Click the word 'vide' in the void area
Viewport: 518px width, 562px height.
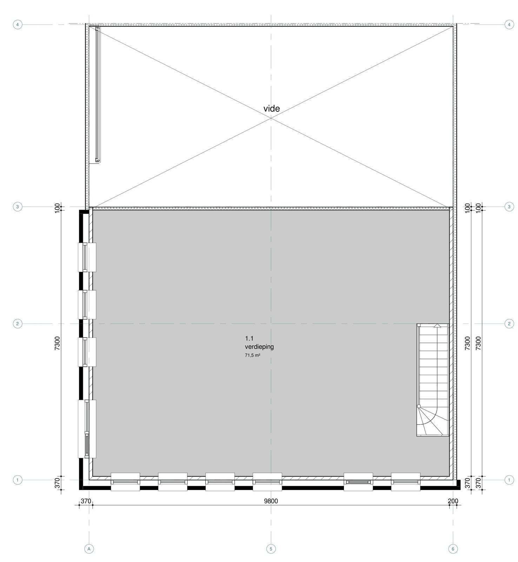tap(272, 109)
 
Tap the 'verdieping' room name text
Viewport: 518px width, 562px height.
tap(259, 347)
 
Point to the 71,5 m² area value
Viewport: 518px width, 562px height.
tap(253, 355)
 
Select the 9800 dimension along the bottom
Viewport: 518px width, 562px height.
tap(271, 501)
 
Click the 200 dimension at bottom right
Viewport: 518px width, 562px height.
tap(453, 501)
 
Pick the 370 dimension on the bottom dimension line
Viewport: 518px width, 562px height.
tap(86, 501)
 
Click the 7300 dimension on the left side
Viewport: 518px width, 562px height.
tap(58, 343)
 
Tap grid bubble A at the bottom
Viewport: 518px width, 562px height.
tap(89, 549)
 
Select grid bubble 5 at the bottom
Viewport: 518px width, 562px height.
tap(271, 549)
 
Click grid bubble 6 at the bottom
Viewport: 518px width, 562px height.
tap(453, 549)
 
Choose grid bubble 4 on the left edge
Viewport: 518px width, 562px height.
tap(18, 25)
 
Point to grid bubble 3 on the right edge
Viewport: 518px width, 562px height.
tap(509, 207)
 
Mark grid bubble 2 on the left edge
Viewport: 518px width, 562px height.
tap(18, 324)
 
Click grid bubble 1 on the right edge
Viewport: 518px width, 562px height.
tap(509, 480)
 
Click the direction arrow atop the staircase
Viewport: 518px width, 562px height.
tap(437, 326)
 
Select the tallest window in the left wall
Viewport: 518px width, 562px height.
tap(87, 429)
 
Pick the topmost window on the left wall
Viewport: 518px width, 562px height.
tap(87, 257)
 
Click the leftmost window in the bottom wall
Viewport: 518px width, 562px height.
tap(125, 482)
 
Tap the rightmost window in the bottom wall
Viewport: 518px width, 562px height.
tap(406, 482)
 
